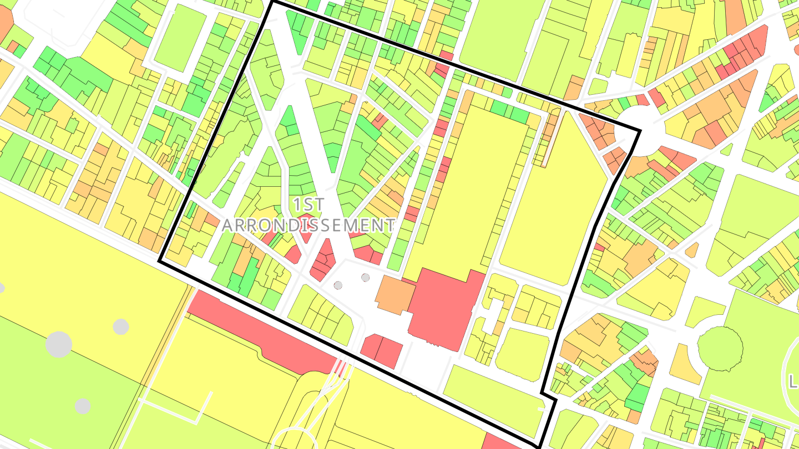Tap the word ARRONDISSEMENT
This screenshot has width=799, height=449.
pos(309,225)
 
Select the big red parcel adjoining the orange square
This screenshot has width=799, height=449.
pos(444,308)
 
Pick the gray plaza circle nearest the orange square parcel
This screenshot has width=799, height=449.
pos(365,277)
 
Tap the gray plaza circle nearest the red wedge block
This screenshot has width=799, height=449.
pos(338,285)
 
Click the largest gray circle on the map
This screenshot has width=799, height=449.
pos(58,344)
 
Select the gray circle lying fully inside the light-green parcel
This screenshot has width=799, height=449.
pos(83,406)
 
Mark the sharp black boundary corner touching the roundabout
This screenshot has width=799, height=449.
pos(640,131)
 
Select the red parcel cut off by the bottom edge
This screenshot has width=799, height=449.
pos(502,442)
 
